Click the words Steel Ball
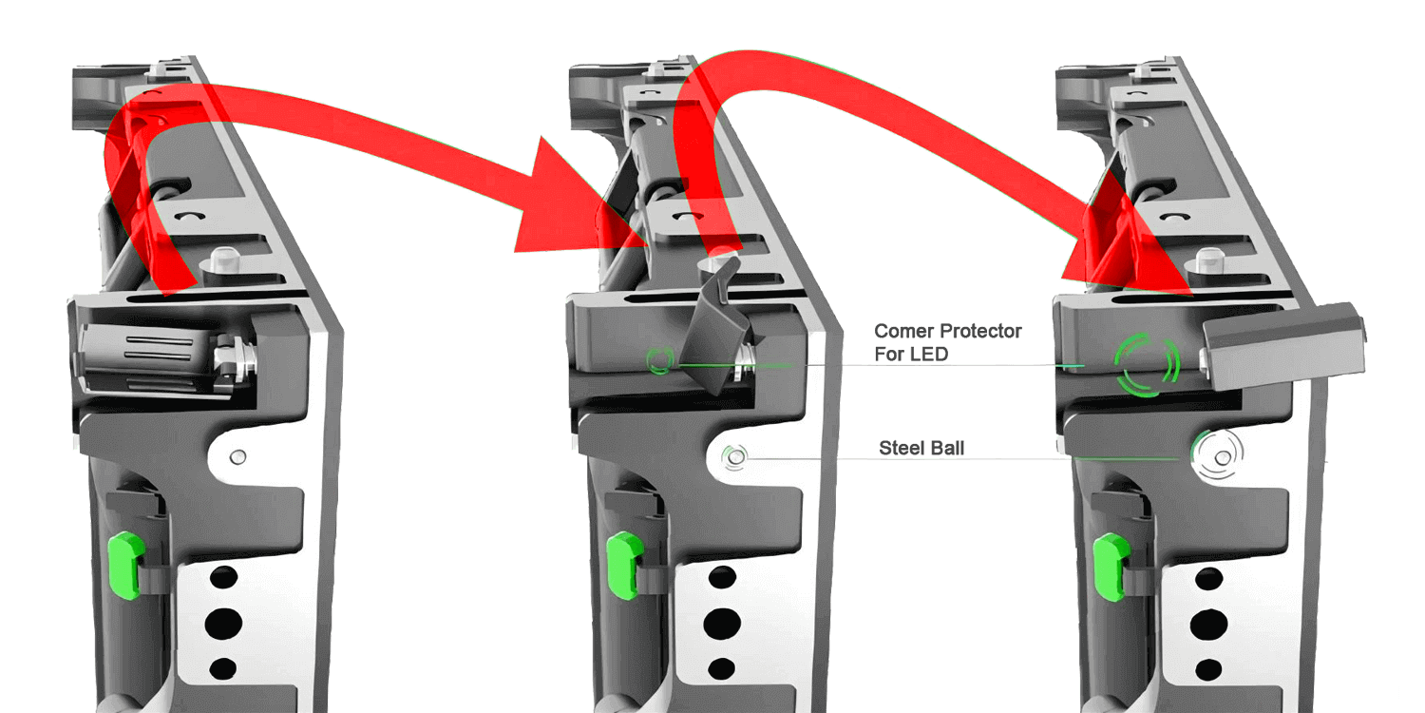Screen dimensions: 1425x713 coord(921,448)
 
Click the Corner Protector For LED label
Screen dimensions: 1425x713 coord(947,342)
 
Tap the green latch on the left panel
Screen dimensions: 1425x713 coord(126,566)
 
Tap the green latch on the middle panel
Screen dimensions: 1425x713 coord(624,566)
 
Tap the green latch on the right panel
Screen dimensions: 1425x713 coord(1111,567)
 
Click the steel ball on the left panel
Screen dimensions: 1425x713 coord(237,456)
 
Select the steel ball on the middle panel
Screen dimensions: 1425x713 coord(736,456)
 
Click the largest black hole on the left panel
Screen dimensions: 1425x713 coord(224,623)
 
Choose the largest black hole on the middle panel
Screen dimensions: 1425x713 coord(722,623)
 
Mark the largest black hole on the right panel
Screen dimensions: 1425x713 coord(1208,624)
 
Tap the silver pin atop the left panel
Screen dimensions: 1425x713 coord(223,261)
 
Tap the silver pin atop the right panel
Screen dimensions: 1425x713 coord(1208,261)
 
